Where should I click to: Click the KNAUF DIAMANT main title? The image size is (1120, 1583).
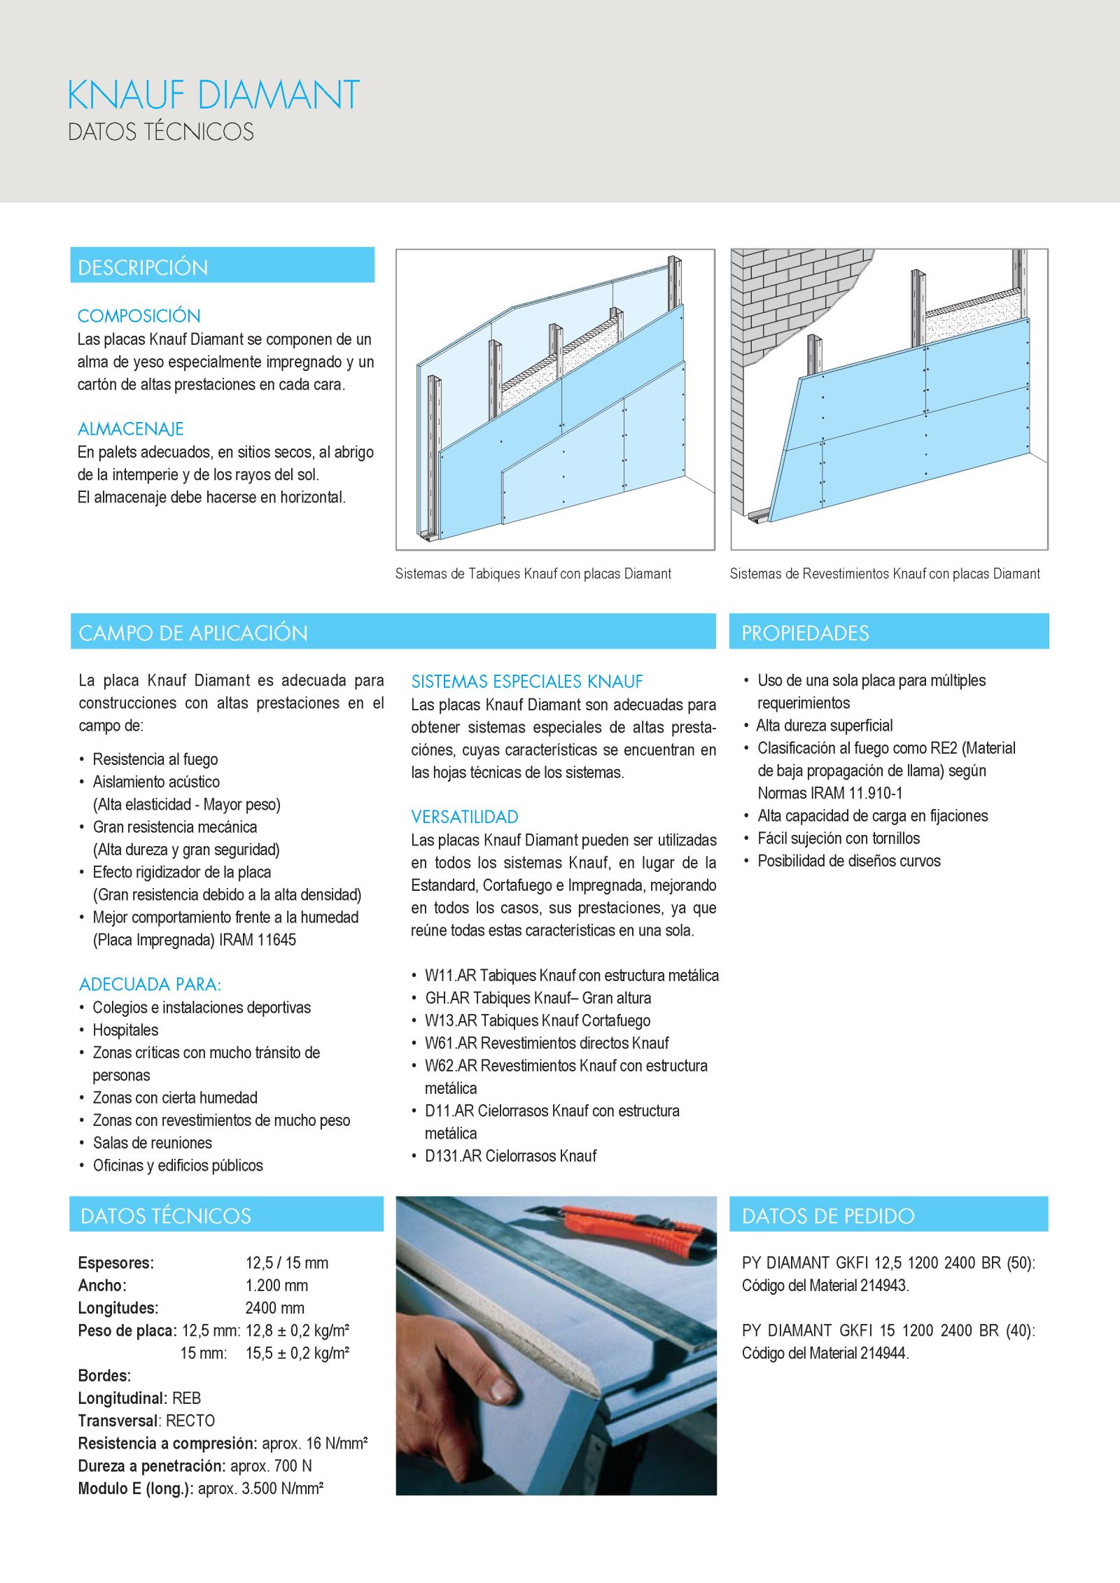pyautogui.click(x=213, y=95)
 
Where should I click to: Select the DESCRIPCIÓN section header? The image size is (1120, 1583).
pyautogui.click(x=143, y=267)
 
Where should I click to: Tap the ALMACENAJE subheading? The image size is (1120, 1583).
pyautogui.click(x=131, y=428)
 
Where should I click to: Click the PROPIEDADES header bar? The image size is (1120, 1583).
pyautogui.click(x=805, y=633)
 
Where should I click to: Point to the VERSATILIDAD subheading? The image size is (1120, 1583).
pyautogui.click(x=465, y=817)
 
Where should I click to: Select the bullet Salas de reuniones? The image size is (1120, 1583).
pyautogui.click(x=152, y=1142)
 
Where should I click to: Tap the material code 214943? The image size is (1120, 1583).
pyautogui.click(x=883, y=1285)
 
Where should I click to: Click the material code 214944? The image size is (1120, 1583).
pyautogui.click(x=883, y=1353)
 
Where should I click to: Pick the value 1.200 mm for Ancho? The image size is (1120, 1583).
pyautogui.click(x=276, y=1285)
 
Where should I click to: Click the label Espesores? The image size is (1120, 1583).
pyautogui.click(x=116, y=1262)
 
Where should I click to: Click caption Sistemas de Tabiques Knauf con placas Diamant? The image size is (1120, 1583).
pyautogui.click(x=533, y=574)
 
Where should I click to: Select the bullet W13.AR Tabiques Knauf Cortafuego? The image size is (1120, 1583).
pyautogui.click(x=537, y=1020)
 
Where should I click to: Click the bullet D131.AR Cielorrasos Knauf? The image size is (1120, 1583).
pyautogui.click(x=510, y=1155)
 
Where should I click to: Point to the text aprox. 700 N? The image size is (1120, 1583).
pyautogui.click(x=271, y=1465)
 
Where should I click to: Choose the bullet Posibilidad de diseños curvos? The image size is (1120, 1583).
pyautogui.click(x=848, y=861)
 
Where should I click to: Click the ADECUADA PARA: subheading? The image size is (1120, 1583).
pyautogui.click(x=150, y=984)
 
